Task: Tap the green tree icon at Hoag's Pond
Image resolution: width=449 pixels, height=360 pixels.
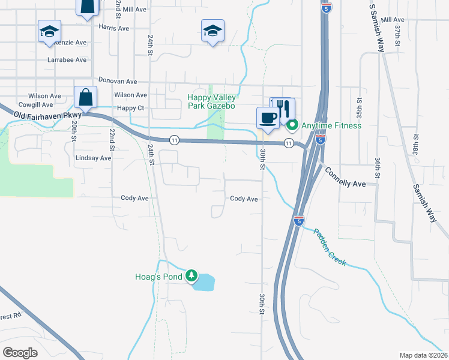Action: click(x=191, y=276)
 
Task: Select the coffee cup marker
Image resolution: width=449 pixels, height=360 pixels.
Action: click(x=267, y=117)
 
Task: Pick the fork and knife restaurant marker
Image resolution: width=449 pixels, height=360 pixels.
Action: click(x=284, y=109)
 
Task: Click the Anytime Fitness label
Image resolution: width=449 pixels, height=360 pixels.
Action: click(x=332, y=125)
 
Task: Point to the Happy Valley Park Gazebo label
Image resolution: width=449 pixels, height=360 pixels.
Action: click(x=212, y=101)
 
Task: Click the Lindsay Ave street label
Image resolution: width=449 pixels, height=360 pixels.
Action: click(x=94, y=158)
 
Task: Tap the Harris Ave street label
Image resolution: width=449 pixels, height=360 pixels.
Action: click(x=114, y=28)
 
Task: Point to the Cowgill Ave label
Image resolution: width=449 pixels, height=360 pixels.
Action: click(x=36, y=105)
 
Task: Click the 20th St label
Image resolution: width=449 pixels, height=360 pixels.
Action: click(x=73, y=130)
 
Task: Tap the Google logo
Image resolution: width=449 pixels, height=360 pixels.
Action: click(x=20, y=353)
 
